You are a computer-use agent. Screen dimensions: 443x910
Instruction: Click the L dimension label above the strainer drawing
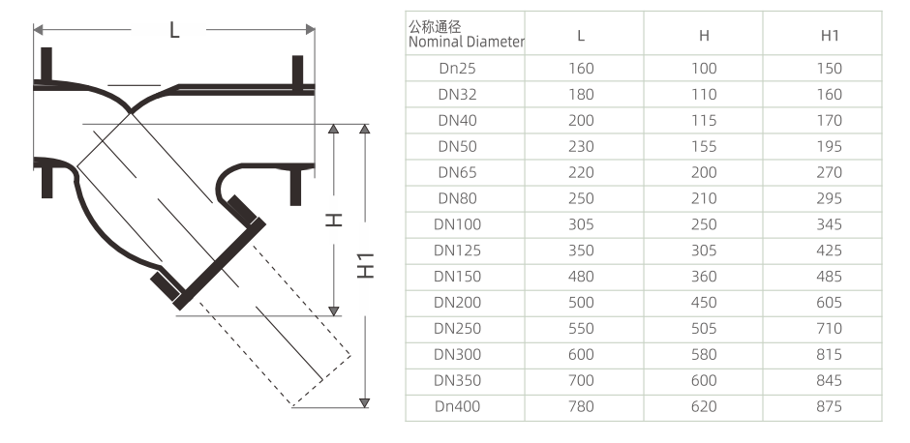[x=174, y=30]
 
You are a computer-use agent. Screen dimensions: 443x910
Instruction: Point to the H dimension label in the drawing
[x=334, y=221]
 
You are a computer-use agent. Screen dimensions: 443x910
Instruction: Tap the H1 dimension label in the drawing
[x=365, y=264]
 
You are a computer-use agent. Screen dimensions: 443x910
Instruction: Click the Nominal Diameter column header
[x=466, y=34]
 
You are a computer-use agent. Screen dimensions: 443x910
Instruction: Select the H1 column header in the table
[x=829, y=35]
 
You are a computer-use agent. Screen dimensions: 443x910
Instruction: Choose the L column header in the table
[x=581, y=35]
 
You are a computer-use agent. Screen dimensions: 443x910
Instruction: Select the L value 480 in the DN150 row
[x=581, y=277]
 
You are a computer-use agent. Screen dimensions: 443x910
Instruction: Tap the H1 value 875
[x=829, y=406]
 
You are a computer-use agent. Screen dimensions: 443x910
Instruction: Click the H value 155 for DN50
[x=704, y=146]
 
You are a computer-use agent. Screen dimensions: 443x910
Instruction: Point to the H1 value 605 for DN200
[x=829, y=303]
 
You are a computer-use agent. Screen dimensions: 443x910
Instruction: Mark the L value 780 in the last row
[x=581, y=406]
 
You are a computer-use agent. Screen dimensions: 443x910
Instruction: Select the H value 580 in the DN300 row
[x=704, y=354]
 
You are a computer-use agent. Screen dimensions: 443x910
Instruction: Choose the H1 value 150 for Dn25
[x=829, y=69]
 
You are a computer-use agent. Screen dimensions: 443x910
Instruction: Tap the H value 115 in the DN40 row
[x=704, y=120]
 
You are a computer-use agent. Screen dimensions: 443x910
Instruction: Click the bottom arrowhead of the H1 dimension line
[x=365, y=400]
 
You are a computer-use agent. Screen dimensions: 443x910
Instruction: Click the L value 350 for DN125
[x=581, y=251]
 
